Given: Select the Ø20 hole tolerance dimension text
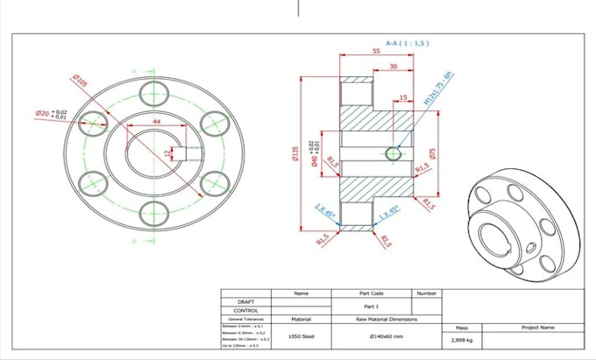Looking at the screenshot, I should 50,114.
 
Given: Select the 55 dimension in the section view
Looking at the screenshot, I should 375,53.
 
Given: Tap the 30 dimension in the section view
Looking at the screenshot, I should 392,67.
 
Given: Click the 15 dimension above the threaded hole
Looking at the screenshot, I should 402,97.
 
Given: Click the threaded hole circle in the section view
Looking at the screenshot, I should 393,154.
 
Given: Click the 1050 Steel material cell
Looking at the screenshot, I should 302,335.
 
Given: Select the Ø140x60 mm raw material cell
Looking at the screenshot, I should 385,335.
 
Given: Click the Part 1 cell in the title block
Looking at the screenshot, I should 372,306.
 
